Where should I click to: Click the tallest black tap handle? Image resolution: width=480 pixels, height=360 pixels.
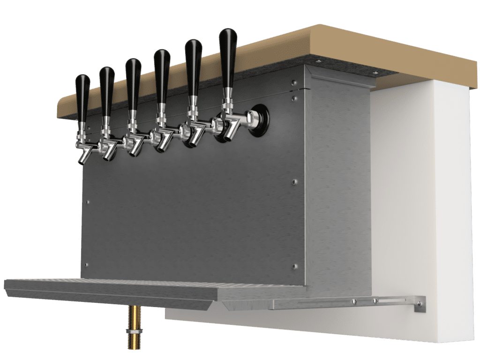(x=228, y=56)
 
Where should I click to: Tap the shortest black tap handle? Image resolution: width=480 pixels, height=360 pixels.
(x=83, y=96)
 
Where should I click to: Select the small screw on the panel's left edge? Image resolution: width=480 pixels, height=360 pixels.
(x=88, y=202)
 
